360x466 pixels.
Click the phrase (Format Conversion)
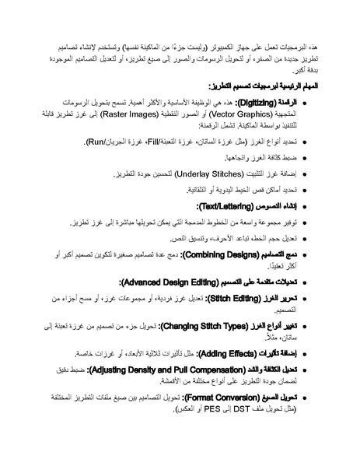(x=221, y=397)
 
